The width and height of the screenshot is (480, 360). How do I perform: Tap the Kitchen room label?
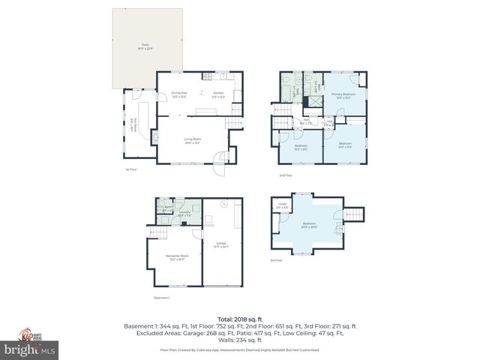click(x=218, y=94)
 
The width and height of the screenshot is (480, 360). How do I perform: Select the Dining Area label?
click(x=179, y=94)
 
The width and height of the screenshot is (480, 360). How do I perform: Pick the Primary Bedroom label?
click(x=343, y=95)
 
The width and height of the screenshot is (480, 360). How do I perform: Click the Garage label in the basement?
click(x=221, y=244)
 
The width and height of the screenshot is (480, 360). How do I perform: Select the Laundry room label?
click(x=184, y=214)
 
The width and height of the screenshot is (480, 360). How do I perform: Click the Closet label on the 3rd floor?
click(x=282, y=205)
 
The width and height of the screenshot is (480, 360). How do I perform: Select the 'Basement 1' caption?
click(x=162, y=298)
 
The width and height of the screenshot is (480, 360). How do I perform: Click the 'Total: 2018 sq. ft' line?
click(x=239, y=319)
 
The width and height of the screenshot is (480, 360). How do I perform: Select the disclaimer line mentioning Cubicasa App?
click(x=239, y=349)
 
